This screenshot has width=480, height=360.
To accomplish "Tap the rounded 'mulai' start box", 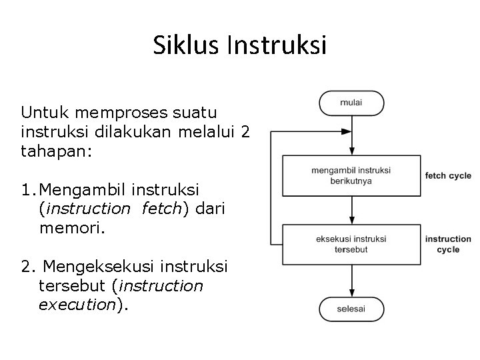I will coord(351,103).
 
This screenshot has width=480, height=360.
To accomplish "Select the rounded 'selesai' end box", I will coord(351,309).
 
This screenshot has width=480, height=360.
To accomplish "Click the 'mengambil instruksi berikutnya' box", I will coord(351,176).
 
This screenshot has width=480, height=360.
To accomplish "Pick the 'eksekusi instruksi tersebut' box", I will coord(351,244).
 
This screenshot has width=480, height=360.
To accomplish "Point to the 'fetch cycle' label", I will coord(448,176).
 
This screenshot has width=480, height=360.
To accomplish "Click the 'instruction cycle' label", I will coord(448,244).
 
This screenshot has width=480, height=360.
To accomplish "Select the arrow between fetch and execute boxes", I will coord(351,210).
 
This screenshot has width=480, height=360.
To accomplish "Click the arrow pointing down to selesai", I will coord(351,280).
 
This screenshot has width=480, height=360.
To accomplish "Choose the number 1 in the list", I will coord(25,190).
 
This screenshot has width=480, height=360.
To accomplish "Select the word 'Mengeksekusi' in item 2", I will coord(90,267).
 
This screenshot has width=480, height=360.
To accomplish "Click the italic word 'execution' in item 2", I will coord(77,305).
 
